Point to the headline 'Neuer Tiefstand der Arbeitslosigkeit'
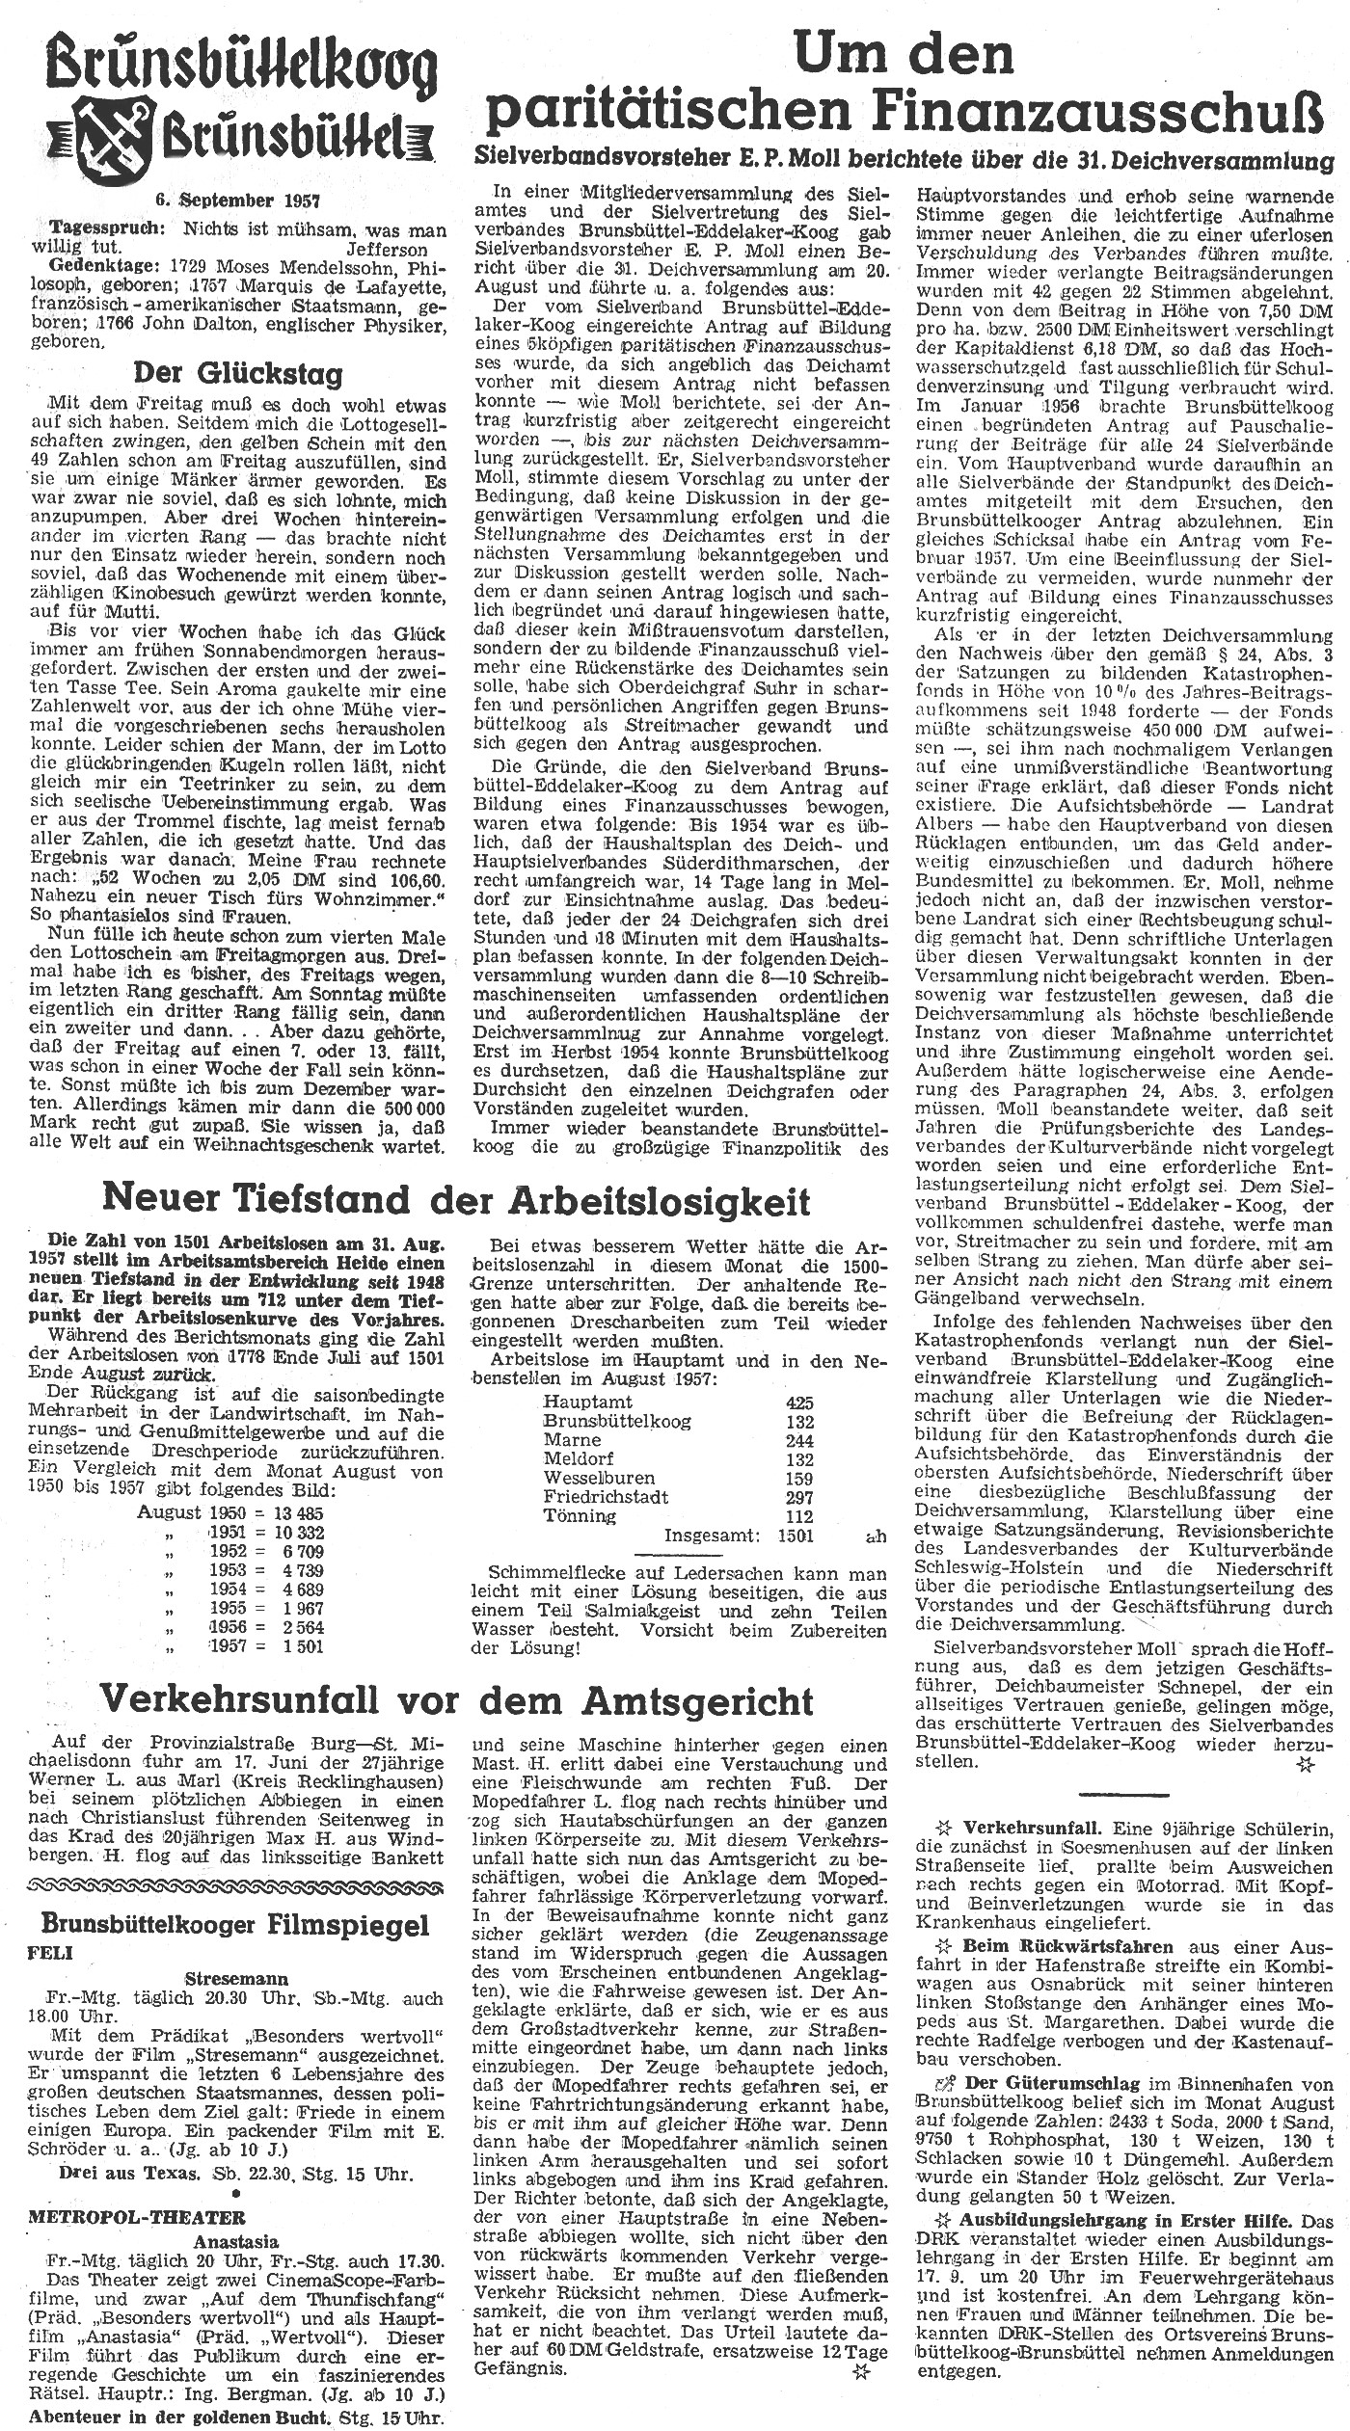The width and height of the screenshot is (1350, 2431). pos(457,1200)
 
